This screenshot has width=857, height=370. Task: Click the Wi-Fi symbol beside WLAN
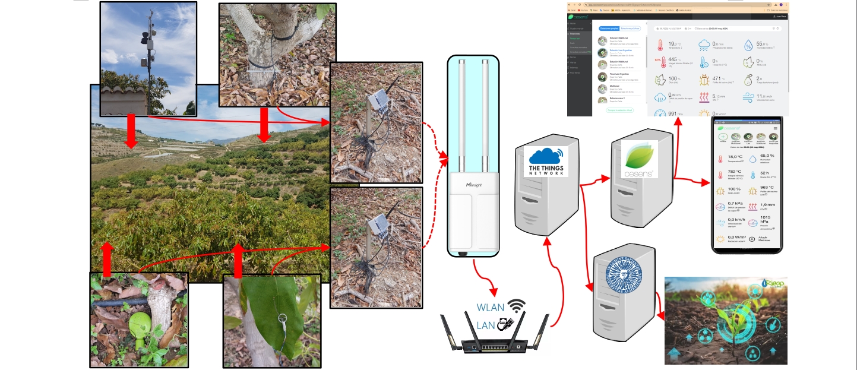pyautogui.click(x=517, y=306)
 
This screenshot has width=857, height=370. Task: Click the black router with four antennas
pyautogui.click(x=496, y=343)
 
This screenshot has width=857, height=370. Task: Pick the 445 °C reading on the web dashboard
pyautogui.click(x=673, y=59)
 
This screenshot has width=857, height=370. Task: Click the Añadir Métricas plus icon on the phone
pyautogui.click(x=752, y=239)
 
